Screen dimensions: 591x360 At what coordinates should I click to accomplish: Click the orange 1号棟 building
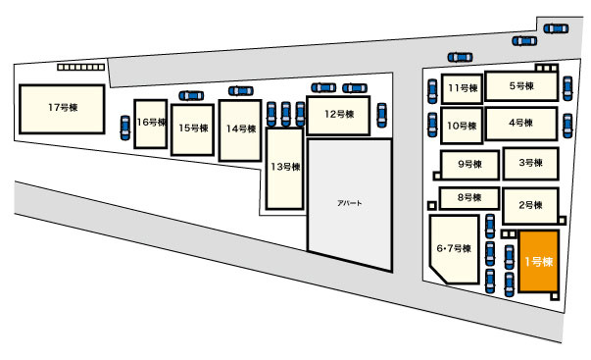[539, 261]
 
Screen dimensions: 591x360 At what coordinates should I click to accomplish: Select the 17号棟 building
[62, 109]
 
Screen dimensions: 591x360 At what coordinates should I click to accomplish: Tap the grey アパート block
[350, 204]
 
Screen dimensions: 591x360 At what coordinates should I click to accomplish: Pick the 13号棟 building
[284, 169]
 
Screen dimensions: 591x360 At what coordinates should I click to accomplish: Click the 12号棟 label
[339, 114]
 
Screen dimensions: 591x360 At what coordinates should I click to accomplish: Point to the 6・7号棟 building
[454, 249]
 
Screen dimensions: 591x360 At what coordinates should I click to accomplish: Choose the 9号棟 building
[470, 165]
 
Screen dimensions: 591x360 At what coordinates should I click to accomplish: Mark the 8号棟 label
[469, 197]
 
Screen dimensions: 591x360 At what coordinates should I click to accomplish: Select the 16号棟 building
[151, 124]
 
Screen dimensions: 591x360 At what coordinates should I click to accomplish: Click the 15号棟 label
[193, 128]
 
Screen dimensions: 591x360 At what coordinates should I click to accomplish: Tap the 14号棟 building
[240, 130]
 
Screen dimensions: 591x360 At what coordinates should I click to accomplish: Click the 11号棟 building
[462, 88]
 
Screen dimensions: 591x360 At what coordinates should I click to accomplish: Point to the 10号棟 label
[462, 126]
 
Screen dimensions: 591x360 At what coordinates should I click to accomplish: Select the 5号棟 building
[521, 86]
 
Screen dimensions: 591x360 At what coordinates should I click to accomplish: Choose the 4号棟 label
[520, 123]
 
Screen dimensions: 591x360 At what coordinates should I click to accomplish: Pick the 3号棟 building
[530, 164]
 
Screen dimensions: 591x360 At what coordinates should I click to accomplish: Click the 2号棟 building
[530, 206]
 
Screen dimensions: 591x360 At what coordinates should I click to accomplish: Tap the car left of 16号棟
[125, 128]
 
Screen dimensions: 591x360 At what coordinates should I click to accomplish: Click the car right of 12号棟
[382, 115]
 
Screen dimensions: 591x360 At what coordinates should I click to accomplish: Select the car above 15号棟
[191, 96]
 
